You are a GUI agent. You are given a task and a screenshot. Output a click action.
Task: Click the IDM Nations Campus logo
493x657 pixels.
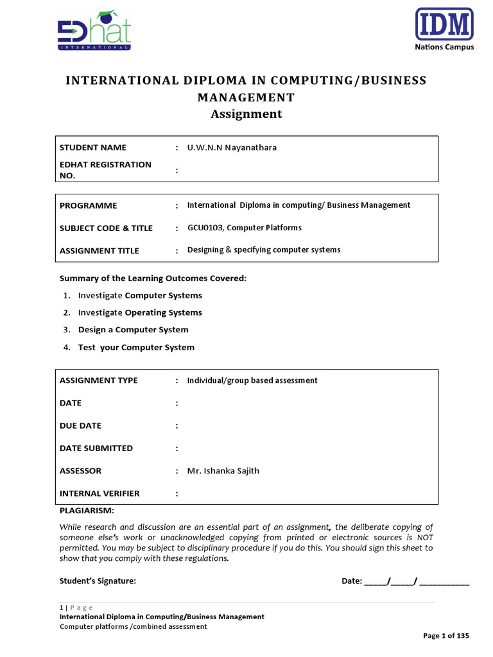coord(444,29)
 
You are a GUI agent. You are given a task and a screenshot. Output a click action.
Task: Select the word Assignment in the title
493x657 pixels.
coord(246,114)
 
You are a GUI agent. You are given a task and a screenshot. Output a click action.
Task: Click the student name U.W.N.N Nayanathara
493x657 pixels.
coord(232,148)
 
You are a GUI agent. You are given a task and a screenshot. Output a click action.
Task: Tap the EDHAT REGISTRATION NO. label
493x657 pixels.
coord(105,170)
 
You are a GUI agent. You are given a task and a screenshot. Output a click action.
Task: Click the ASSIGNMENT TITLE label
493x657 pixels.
coord(99,251)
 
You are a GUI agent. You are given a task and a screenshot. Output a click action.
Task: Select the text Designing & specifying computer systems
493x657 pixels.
coord(264,250)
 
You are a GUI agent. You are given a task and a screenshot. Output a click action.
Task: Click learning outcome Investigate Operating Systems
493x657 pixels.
coord(140,312)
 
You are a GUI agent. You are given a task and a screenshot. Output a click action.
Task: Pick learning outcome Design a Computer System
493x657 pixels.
coord(133,330)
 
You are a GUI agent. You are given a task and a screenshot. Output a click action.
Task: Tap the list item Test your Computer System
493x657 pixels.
coord(136,347)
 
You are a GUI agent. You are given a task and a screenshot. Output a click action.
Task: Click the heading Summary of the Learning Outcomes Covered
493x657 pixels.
coord(153,278)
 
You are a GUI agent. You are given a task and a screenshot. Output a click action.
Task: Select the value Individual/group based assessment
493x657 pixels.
coord(252,380)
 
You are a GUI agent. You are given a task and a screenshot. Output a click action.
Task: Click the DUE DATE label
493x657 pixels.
coord(80,426)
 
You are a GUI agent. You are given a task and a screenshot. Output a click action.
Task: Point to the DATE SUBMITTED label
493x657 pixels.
coord(96,448)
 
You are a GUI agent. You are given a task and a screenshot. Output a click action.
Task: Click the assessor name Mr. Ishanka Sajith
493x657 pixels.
coord(223,471)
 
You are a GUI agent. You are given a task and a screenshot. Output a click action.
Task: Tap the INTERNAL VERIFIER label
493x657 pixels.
coord(99,493)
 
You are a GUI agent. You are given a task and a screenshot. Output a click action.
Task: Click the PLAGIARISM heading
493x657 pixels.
coord(87,511)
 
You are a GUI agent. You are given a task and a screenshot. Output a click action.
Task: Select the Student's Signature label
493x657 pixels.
coord(98,581)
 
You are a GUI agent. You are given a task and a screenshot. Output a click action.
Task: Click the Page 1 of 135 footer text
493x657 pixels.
coord(446,636)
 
